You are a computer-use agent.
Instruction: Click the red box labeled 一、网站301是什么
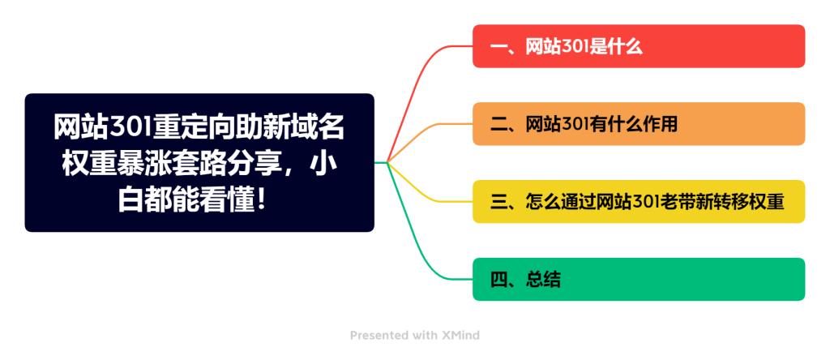pos(639,46)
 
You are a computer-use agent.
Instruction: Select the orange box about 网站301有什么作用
pos(639,124)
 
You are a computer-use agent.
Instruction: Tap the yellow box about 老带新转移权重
pos(639,202)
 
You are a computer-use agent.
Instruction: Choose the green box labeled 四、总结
pos(639,280)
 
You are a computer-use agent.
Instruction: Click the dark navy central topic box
pos(199,163)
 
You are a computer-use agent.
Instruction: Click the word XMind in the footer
pos(461,335)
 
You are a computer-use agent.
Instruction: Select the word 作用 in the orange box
pos(661,125)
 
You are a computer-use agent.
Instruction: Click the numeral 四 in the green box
pos(498,281)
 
